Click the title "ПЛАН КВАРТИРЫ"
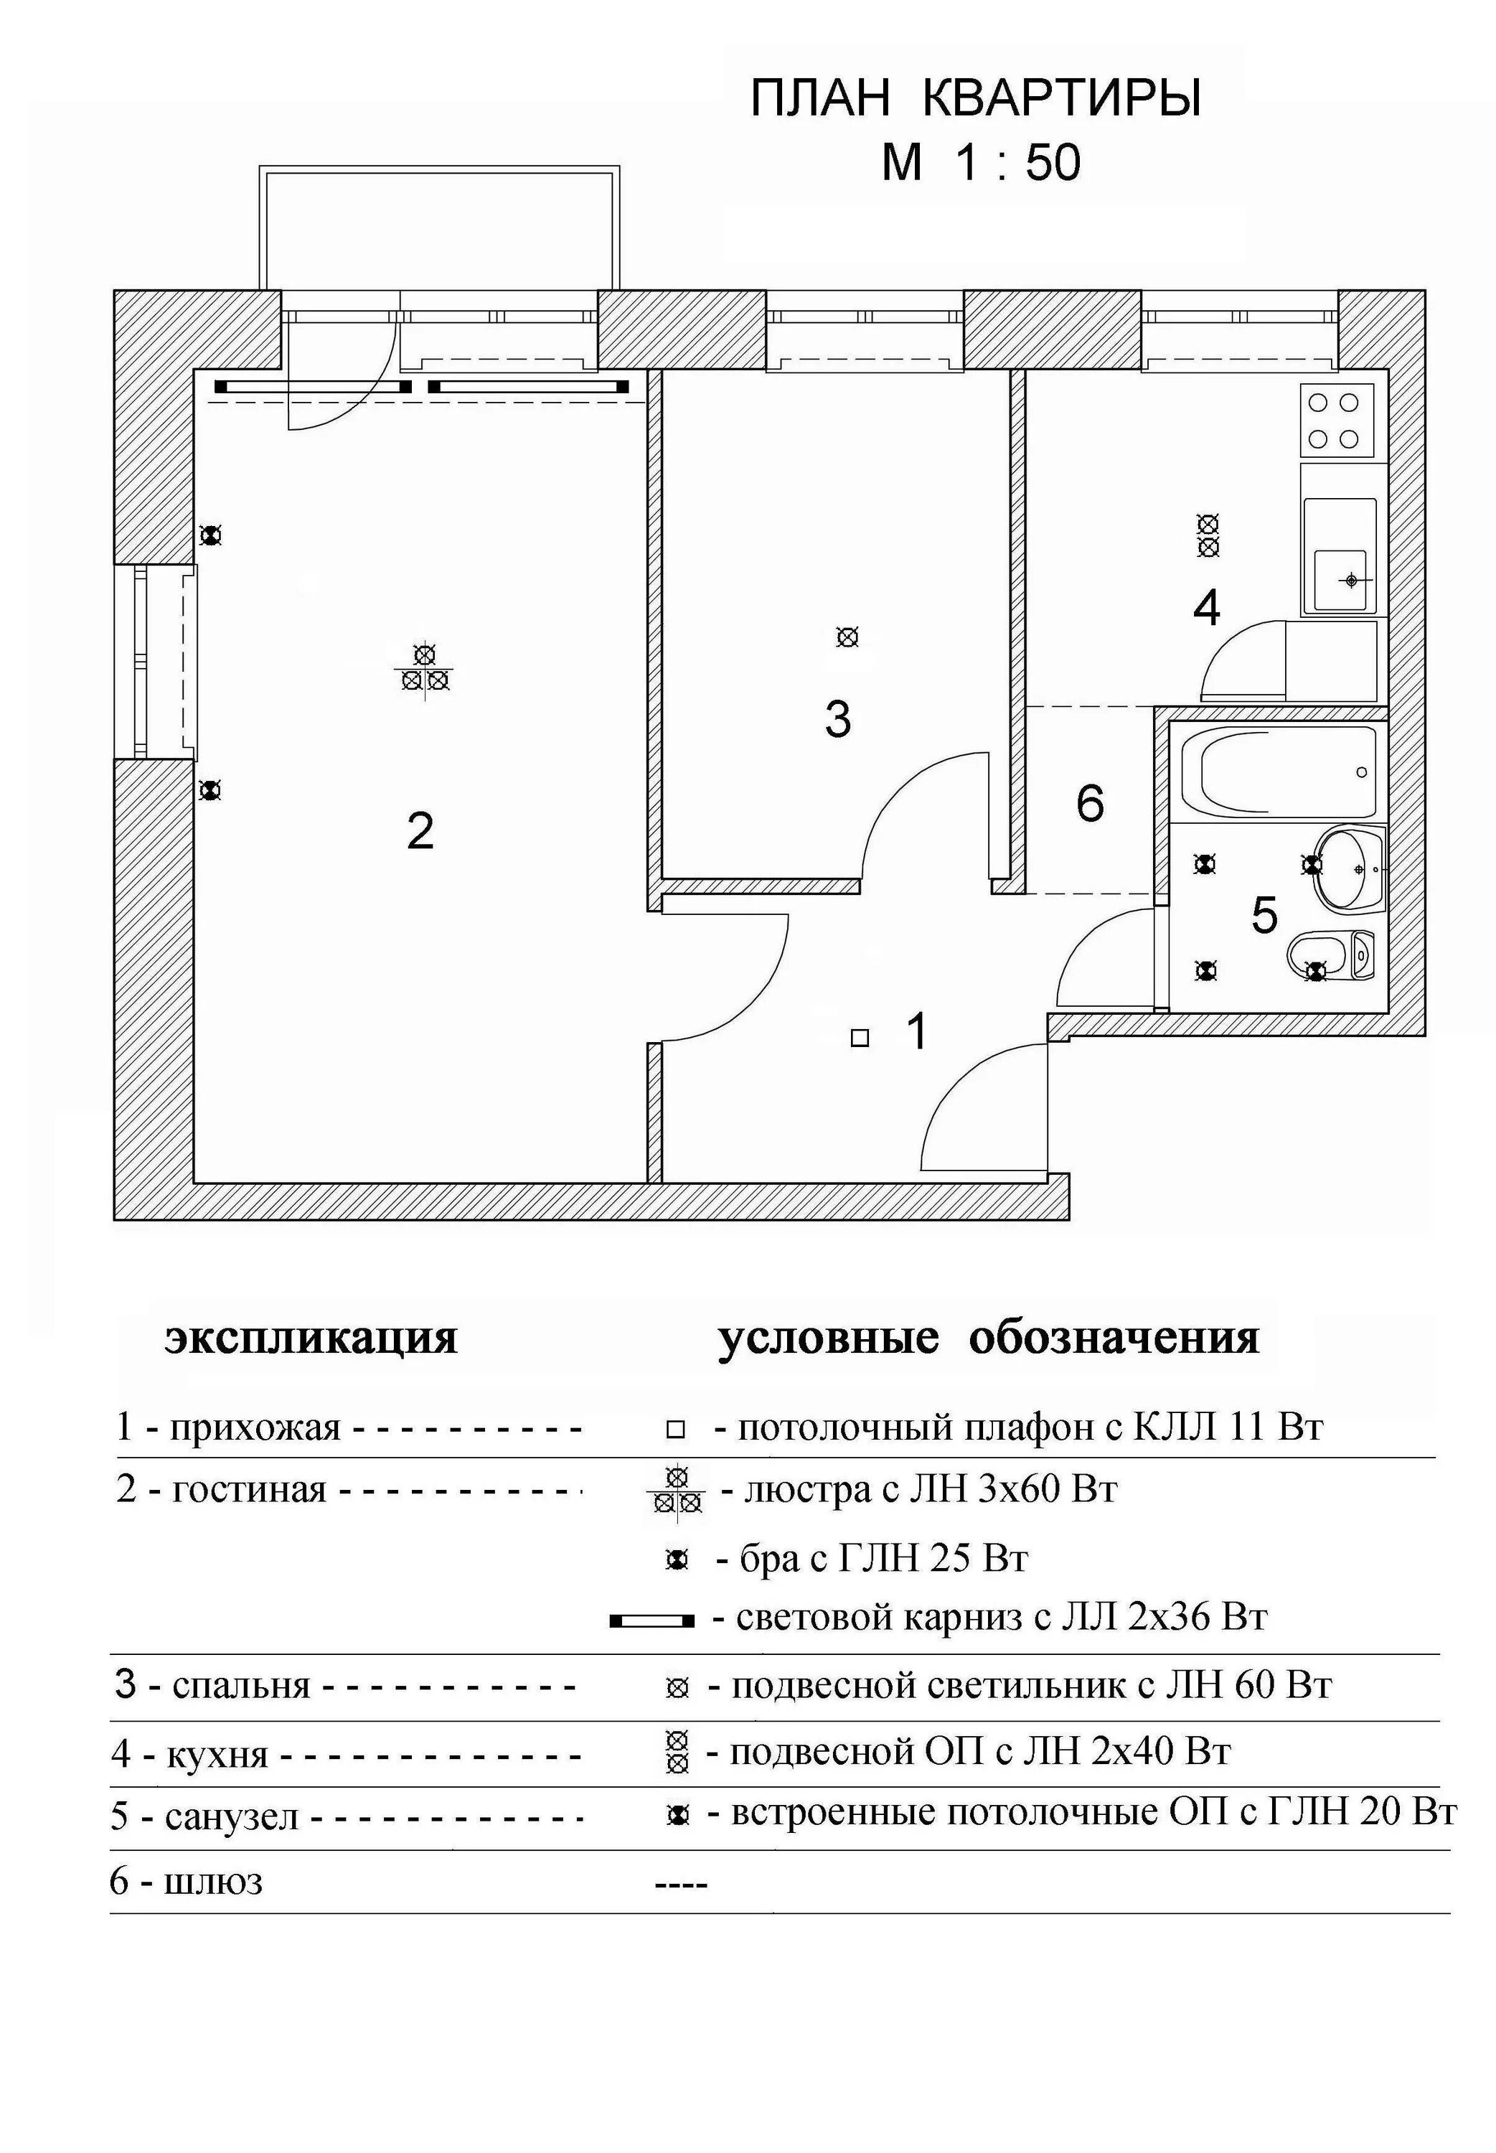pyautogui.click(x=975, y=98)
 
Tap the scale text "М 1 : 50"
pyautogui.click(x=980, y=163)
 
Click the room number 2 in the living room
pyautogui.click(x=420, y=831)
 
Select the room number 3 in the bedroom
pyautogui.click(x=837, y=720)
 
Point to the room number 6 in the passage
pyautogui.click(x=1089, y=803)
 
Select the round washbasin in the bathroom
pyautogui.click(x=1350, y=869)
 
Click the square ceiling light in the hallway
pyautogui.click(x=860, y=1038)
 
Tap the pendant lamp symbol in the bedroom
pyautogui.click(x=847, y=637)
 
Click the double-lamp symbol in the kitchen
pyautogui.click(x=1208, y=535)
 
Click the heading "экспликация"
pyautogui.click(x=311, y=1338)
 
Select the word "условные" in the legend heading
pyautogui.click(x=828, y=1338)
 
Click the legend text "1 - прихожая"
pyautogui.click(x=227, y=1427)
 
